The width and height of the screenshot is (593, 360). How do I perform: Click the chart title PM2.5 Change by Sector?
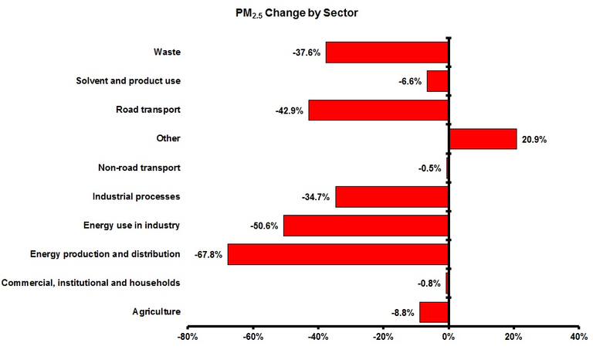(x=296, y=13)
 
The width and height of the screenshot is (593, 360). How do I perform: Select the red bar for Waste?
(x=387, y=53)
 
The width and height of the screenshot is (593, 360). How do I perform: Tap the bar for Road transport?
(x=378, y=110)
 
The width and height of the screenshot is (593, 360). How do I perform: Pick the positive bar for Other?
(x=483, y=139)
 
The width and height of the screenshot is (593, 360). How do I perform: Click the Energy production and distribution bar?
(x=338, y=254)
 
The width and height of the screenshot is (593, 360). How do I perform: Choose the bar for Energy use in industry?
(x=366, y=226)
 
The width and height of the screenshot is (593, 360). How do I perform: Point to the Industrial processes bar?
(x=392, y=197)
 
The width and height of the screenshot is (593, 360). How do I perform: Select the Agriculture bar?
(x=434, y=312)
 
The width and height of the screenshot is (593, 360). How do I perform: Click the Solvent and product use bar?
(x=438, y=81)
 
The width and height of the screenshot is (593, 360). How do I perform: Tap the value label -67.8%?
(x=207, y=255)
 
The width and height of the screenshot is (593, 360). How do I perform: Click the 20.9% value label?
(x=534, y=140)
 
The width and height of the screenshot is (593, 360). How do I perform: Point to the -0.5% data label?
(x=429, y=168)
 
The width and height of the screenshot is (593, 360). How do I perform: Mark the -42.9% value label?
(x=290, y=110)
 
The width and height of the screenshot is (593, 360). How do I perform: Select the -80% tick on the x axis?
(x=188, y=338)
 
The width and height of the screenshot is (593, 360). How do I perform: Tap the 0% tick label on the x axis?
(x=448, y=338)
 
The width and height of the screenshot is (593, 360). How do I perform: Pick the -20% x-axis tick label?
(x=382, y=338)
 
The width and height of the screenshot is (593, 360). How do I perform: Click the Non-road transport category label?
(x=139, y=168)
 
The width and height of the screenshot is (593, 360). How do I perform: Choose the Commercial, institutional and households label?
(x=91, y=283)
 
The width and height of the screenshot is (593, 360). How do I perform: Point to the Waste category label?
(x=167, y=53)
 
